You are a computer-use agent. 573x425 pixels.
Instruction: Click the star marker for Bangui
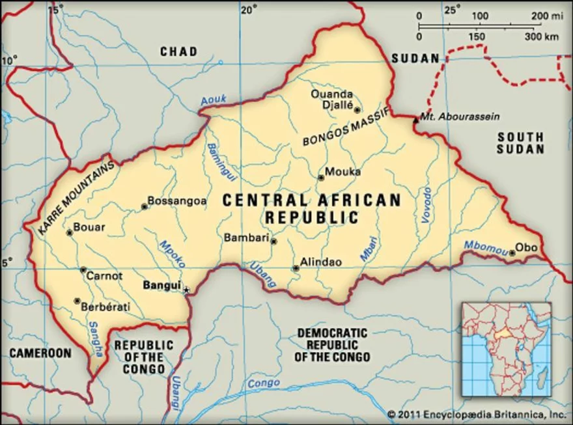[187, 290]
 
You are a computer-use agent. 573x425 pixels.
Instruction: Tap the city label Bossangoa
[178, 201]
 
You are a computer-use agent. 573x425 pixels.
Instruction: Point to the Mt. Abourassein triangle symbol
[416, 118]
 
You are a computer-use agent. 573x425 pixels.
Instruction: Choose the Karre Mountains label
[76, 197]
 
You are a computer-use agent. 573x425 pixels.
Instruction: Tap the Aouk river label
[213, 100]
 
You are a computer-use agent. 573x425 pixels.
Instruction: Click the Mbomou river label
[485, 246]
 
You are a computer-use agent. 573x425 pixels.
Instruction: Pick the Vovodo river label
[426, 205]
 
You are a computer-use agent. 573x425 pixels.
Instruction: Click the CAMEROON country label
[40, 353]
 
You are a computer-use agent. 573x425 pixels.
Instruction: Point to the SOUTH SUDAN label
[520, 143]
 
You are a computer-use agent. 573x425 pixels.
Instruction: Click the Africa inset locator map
[506, 349]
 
